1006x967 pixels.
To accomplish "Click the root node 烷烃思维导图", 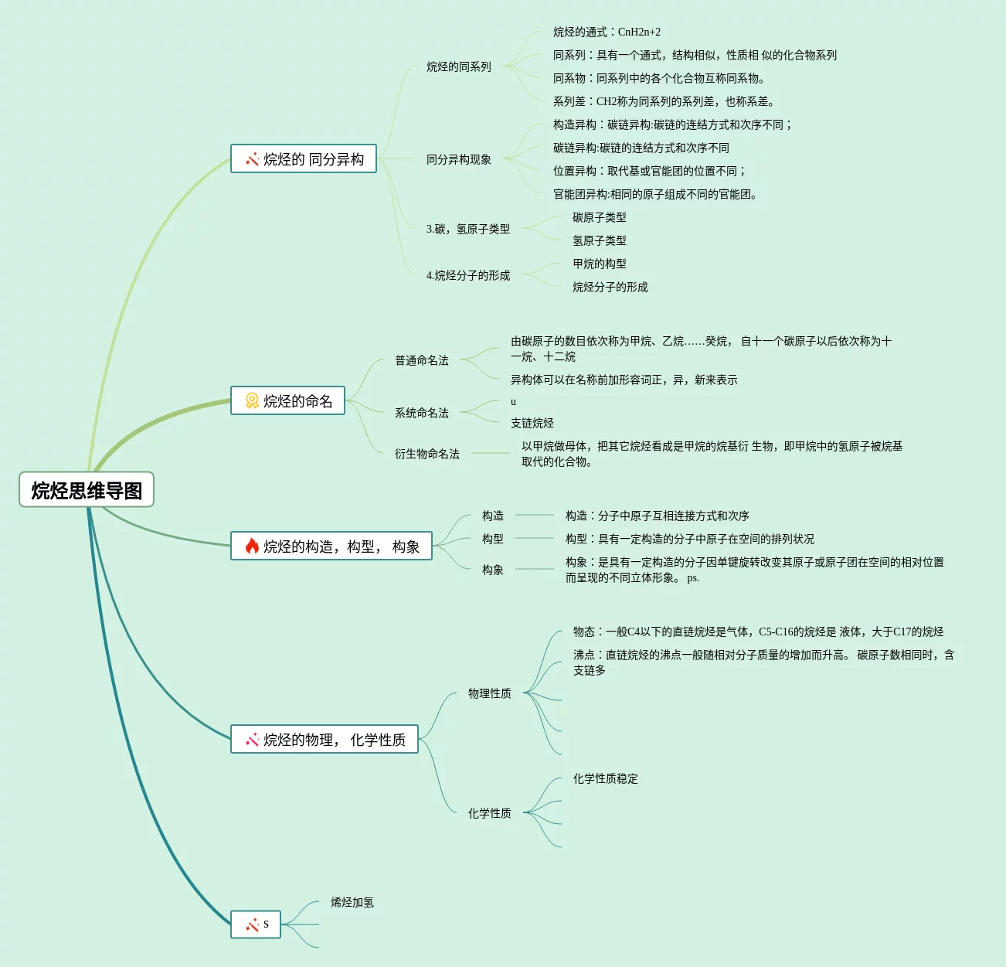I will [87, 490].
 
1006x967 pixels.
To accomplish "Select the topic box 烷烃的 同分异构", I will [304, 159].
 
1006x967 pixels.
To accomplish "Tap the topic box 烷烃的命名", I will [288, 401].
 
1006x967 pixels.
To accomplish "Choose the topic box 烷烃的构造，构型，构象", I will [331, 546].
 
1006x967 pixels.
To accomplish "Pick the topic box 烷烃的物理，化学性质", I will [325, 740].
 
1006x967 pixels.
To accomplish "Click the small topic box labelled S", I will [256, 924].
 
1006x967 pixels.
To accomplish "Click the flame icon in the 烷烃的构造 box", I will [252, 546].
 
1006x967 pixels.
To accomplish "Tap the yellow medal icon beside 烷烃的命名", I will [252, 401].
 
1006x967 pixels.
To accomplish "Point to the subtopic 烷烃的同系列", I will [459, 67].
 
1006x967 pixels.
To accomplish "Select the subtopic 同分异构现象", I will [459, 160].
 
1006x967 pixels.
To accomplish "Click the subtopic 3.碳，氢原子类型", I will [468, 230].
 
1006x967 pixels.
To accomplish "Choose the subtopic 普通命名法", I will [422, 361].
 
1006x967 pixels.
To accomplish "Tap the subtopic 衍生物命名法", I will [427, 455].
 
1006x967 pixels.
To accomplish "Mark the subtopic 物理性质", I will [490, 694].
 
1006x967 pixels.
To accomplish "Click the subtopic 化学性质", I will [490, 814].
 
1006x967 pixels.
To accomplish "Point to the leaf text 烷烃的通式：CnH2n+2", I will [607, 32].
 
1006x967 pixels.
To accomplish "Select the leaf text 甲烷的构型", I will [600, 264].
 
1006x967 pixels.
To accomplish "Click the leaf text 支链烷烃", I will [532, 424].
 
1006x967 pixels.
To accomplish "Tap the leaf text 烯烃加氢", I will [352, 903].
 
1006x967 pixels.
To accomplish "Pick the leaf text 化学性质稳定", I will [606, 779].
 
